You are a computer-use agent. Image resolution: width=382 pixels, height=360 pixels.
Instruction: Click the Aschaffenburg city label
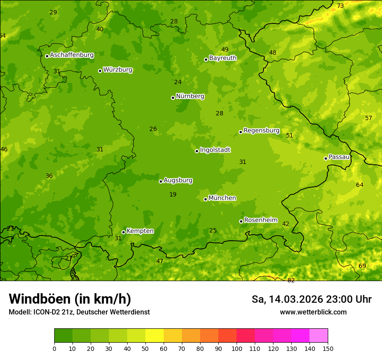(72, 55)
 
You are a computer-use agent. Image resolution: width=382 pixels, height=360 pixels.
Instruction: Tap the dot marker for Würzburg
(100, 71)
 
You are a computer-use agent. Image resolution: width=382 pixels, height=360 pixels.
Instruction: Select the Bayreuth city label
(223, 58)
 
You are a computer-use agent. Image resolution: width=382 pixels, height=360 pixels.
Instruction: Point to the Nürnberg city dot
(173, 98)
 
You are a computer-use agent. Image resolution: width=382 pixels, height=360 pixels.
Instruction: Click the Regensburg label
(261, 131)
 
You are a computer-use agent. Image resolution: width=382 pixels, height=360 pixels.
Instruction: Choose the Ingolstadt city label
(215, 150)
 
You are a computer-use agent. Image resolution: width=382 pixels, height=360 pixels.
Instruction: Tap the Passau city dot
(326, 158)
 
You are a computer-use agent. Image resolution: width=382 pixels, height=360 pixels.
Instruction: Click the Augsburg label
(178, 180)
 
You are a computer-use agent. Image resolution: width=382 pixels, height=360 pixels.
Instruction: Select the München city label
(222, 198)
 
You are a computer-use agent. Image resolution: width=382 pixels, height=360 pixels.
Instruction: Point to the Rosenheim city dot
(241, 221)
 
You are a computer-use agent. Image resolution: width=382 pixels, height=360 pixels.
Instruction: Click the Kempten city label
(140, 231)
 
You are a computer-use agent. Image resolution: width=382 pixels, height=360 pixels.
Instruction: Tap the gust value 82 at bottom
(291, 280)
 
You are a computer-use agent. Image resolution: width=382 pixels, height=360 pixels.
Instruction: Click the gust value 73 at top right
(340, 6)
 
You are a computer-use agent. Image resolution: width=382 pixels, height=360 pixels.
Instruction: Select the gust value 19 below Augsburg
(173, 194)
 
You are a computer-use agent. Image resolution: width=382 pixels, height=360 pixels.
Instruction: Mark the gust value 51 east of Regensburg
(290, 135)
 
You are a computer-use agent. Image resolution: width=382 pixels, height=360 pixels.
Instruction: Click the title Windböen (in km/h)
(69, 299)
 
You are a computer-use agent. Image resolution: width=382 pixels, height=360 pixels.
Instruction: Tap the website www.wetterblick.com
(313, 312)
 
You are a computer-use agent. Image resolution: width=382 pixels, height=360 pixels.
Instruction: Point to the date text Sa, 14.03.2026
(287, 299)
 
